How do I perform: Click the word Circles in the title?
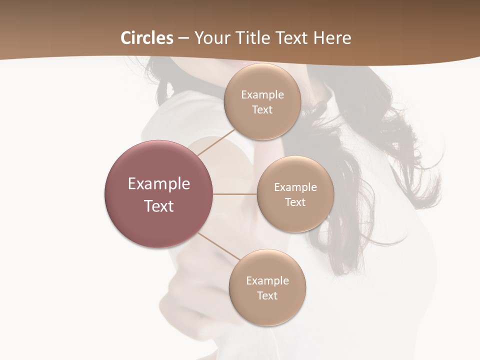coord(147,38)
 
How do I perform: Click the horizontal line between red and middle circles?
coord(235,194)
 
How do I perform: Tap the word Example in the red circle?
coord(159,184)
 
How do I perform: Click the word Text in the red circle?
coord(159,206)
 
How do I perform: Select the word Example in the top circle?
coord(262,95)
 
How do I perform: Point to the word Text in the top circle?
coord(262,110)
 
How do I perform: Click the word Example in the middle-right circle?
coord(295,187)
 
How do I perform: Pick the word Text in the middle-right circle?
coord(295,202)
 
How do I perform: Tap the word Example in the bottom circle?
coord(267,281)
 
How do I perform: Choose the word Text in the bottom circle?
coord(267,296)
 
